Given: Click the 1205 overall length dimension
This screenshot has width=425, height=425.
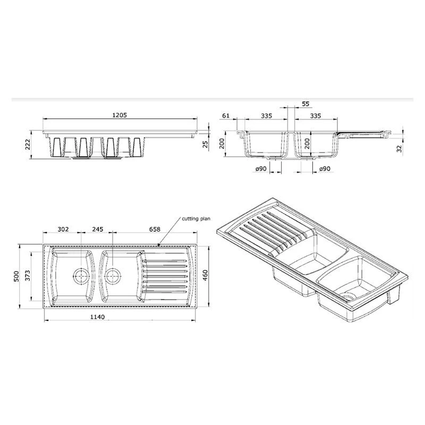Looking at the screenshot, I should [x=120, y=115].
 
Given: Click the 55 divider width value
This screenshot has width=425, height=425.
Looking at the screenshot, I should [x=305, y=105].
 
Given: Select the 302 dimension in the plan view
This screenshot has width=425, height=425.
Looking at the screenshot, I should [x=63, y=230].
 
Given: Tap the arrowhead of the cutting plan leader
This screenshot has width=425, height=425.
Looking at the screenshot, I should [x=160, y=245].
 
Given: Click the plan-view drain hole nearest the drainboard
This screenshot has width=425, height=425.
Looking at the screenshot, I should [x=112, y=276].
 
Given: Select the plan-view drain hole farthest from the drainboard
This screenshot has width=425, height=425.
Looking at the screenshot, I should [x=80, y=276].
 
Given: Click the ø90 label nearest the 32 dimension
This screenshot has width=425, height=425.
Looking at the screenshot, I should [x=325, y=168].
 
